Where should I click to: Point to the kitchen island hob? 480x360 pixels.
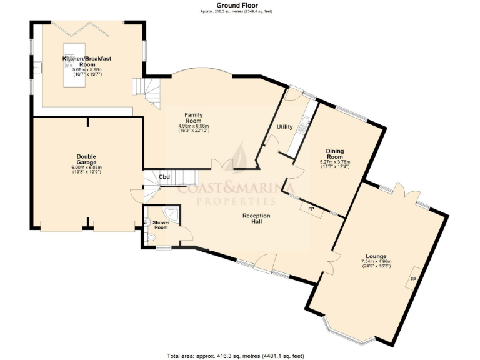click(69, 62)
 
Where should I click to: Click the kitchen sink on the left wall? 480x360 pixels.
click(37, 65)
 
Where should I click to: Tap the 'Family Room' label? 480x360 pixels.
click(193, 117)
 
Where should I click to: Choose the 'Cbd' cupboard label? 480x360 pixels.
click(164, 177)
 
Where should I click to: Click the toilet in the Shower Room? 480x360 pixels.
click(152, 238)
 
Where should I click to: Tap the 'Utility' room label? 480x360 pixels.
click(285, 127)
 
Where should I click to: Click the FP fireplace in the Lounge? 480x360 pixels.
click(413, 279)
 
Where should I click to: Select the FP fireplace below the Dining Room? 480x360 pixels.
click(311, 208)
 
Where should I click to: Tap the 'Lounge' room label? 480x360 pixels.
click(376, 256)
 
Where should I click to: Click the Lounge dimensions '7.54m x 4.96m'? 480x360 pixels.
click(376, 261)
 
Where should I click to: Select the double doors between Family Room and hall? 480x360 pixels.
click(222, 164)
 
